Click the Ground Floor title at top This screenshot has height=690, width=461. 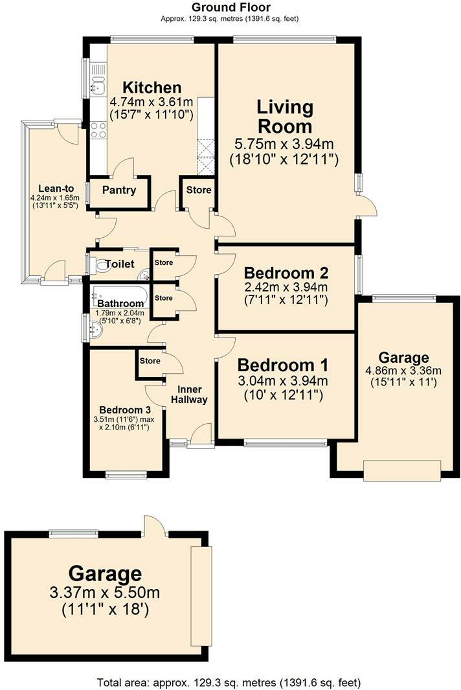[x=230, y=7]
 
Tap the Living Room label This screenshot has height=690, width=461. [x=285, y=116]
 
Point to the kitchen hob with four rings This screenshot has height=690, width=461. [x=98, y=130]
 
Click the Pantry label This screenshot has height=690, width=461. [x=119, y=190]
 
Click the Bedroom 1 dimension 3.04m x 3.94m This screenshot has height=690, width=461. [x=282, y=380]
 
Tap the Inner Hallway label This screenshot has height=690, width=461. [x=189, y=394]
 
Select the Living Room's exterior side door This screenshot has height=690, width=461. [x=367, y=206]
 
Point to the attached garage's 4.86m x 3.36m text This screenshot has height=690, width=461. [x=403, y=371]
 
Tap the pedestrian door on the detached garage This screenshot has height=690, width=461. [x=155, y=526]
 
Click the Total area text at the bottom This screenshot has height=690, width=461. [x=229, y=682]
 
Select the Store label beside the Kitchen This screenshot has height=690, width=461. [x=198, y=190]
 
